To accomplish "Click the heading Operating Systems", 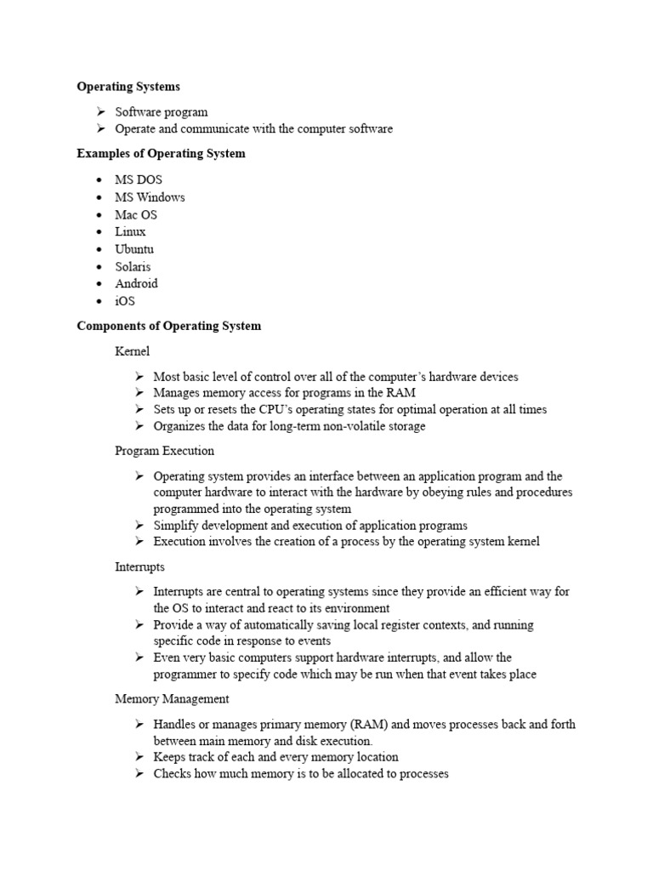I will tap(128, 87).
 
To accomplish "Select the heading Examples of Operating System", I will tap(161, 154).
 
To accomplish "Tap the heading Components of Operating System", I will tap(168, 326).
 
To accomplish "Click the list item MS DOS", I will tap(139, 180).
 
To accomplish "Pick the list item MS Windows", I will tap(150, 197).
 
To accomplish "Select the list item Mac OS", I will tap(136, 214).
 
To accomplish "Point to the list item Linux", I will tap(131, 231).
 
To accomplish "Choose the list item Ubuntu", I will tap(134, 249).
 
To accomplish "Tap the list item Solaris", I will tap(133, 266).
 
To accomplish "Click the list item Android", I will tap(136, 283).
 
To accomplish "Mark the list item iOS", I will tap(125, 301).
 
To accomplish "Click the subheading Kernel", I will tap(132, 350).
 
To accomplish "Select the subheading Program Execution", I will tap(164, 451).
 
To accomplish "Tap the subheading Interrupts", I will tap(139, 566).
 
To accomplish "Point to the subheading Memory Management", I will tap(172, 699).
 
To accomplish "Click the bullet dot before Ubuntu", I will tap(99, 249).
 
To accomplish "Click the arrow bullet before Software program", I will tap(99, 112).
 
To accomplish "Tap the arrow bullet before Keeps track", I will tap(139, 757).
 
